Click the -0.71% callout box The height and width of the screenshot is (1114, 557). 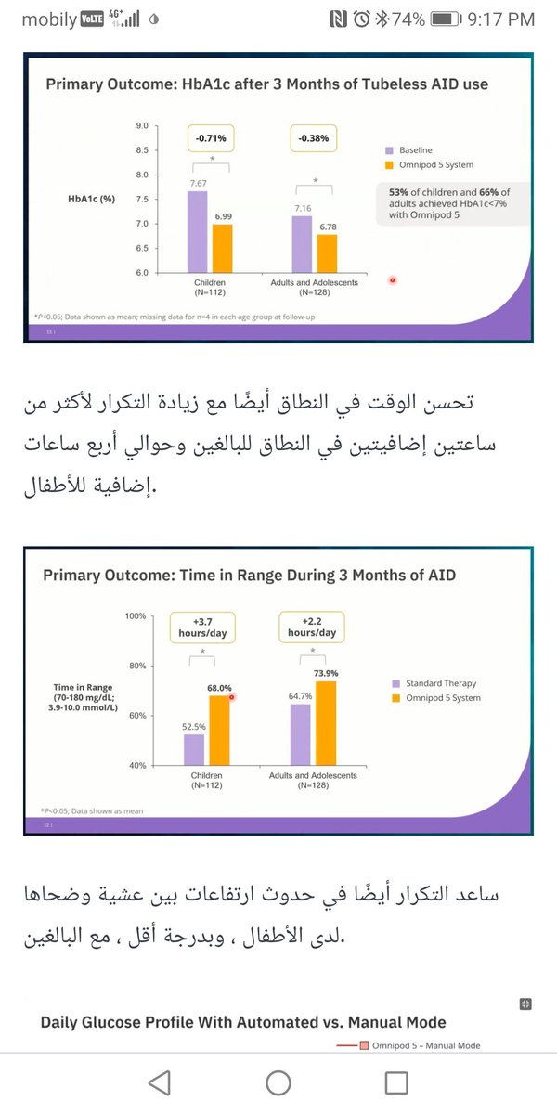pyautogui.click(x=211, y=138)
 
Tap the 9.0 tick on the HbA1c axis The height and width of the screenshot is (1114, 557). pyautogui.click(x=142, y=125)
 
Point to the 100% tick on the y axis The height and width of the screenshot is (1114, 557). pyautogui.click(x=136, y=616)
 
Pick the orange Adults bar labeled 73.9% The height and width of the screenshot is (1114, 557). pyautogui.click(x=325, y=723)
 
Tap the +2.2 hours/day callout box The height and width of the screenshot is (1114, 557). pyautogui.click(x=312, y=627)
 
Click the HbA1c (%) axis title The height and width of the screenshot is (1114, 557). pyautogui.click(x=91, y=199)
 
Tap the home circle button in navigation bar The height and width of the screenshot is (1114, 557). pyautogui.click(x=278, y=1082)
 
